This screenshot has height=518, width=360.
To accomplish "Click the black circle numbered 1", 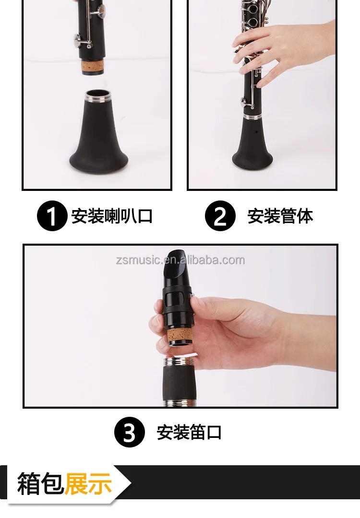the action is coord(52,216).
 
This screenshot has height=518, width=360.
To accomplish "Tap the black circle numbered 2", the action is coord(220,216).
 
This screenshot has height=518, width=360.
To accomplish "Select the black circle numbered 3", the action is coord(130,432).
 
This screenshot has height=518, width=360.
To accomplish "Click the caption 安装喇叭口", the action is coord(112,216).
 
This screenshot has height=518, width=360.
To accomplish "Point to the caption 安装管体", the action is coord(280,216).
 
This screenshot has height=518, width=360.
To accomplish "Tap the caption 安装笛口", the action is coord(189,433).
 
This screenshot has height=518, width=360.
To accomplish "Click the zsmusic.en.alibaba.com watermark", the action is coord(180,260).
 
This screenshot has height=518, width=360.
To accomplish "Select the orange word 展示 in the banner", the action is coord(88,483).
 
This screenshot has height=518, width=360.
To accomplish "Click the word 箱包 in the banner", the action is coord(40,483).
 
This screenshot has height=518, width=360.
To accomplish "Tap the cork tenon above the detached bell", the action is coord(93,67).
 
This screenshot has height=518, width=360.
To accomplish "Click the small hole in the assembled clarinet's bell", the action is coord(256,131).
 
